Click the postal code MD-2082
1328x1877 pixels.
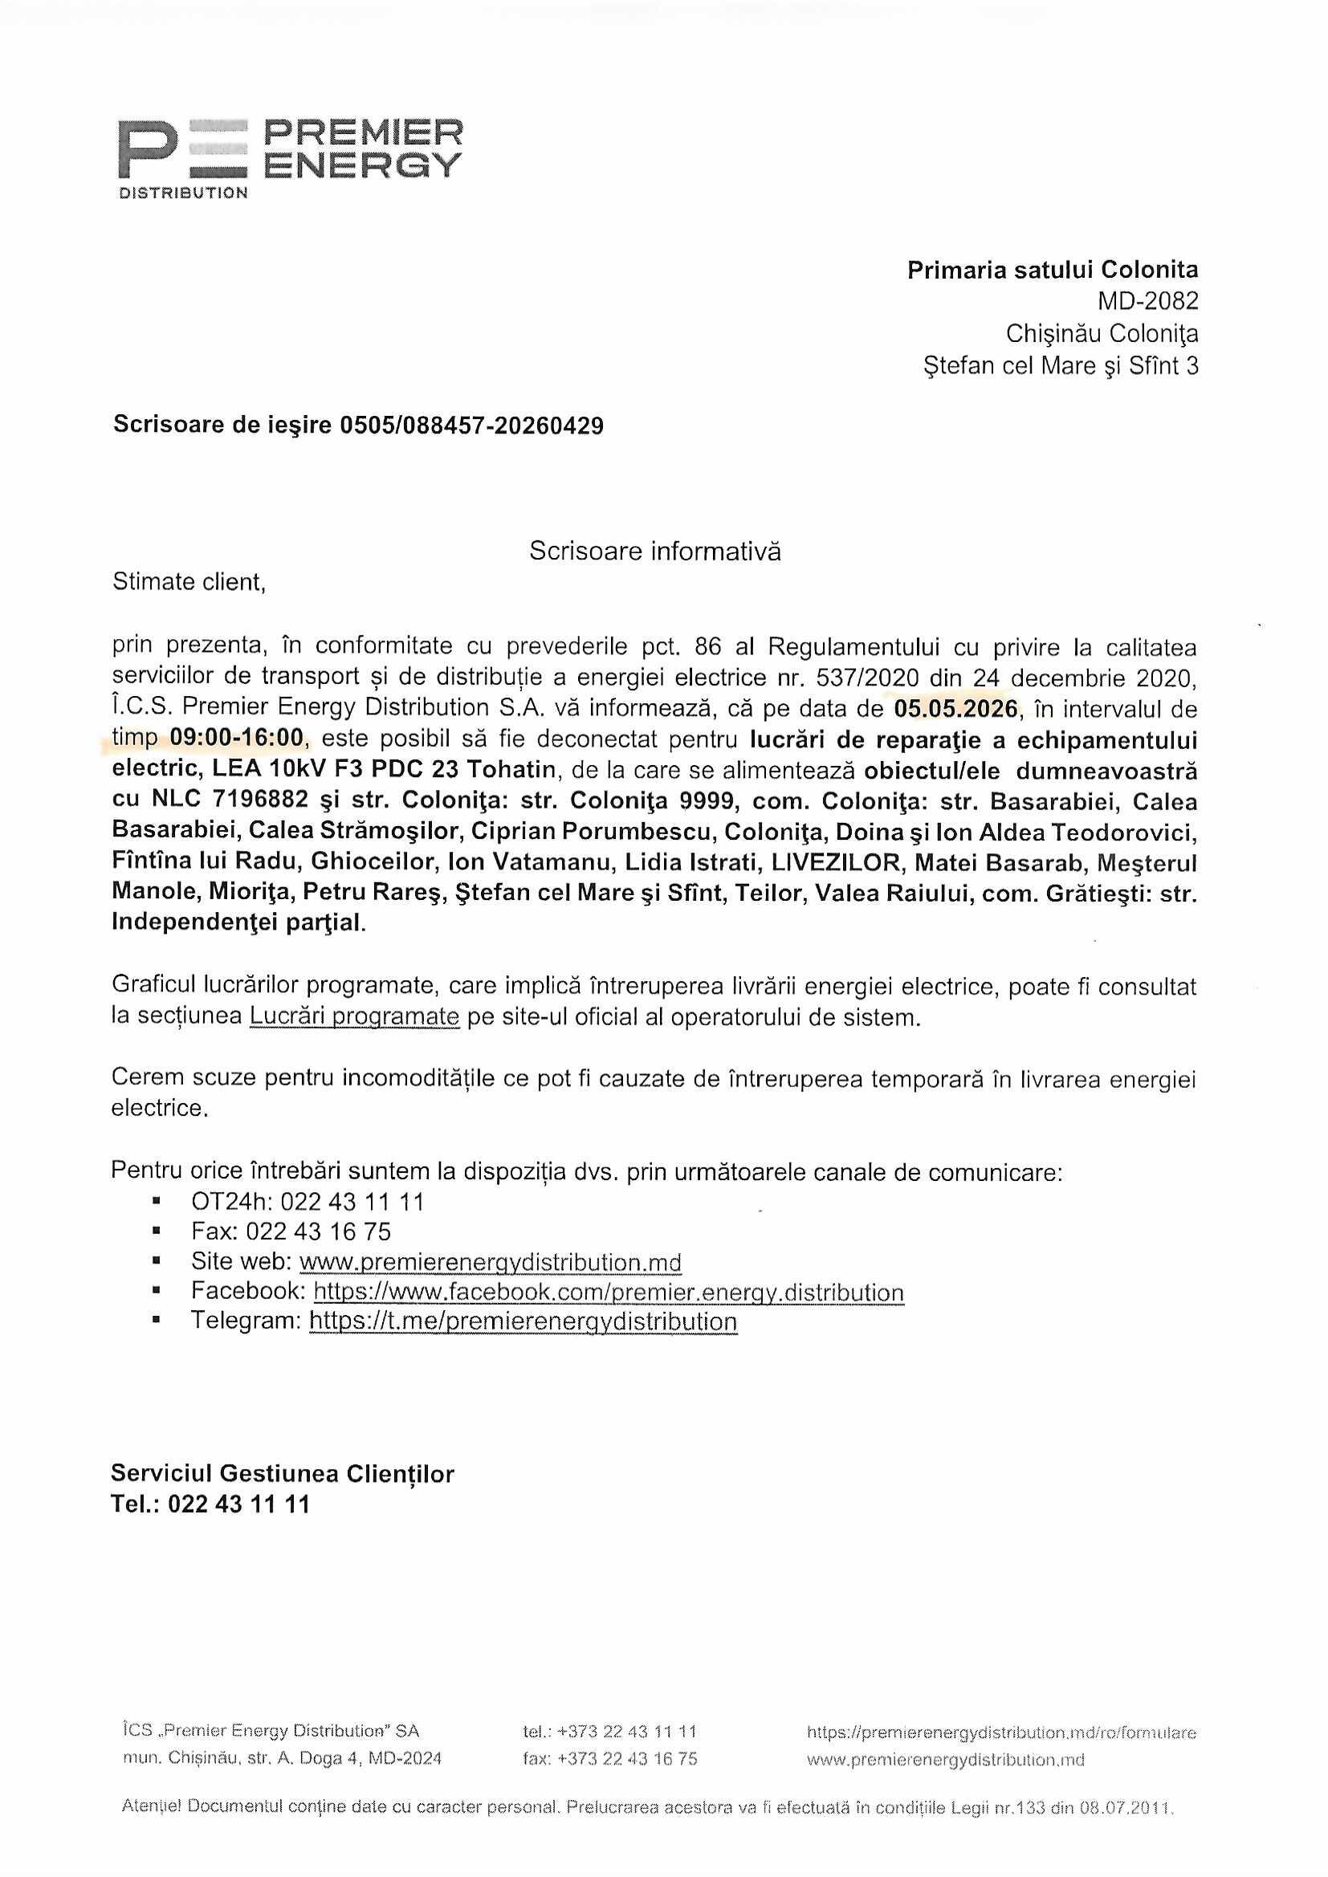click(1147, 302)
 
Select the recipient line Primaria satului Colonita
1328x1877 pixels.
click(1053, 270)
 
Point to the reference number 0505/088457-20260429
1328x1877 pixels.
click(472, 426)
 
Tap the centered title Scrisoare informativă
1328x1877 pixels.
click(655, 551)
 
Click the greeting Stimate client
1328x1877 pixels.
click(189, 582)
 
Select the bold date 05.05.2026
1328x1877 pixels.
click(956, 709)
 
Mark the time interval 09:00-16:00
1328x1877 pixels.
click(236, 739)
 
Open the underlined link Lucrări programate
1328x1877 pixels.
click(354, 1016)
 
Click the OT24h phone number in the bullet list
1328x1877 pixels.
click(352, 1202)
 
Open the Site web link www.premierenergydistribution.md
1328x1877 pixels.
click(490, 1262)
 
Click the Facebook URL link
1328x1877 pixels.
click(609, 1293)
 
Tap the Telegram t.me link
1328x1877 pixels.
click(523, 1322)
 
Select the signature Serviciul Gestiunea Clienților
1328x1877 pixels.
click(282, 1474)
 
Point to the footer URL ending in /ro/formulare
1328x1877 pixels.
click(1001, 1732)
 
